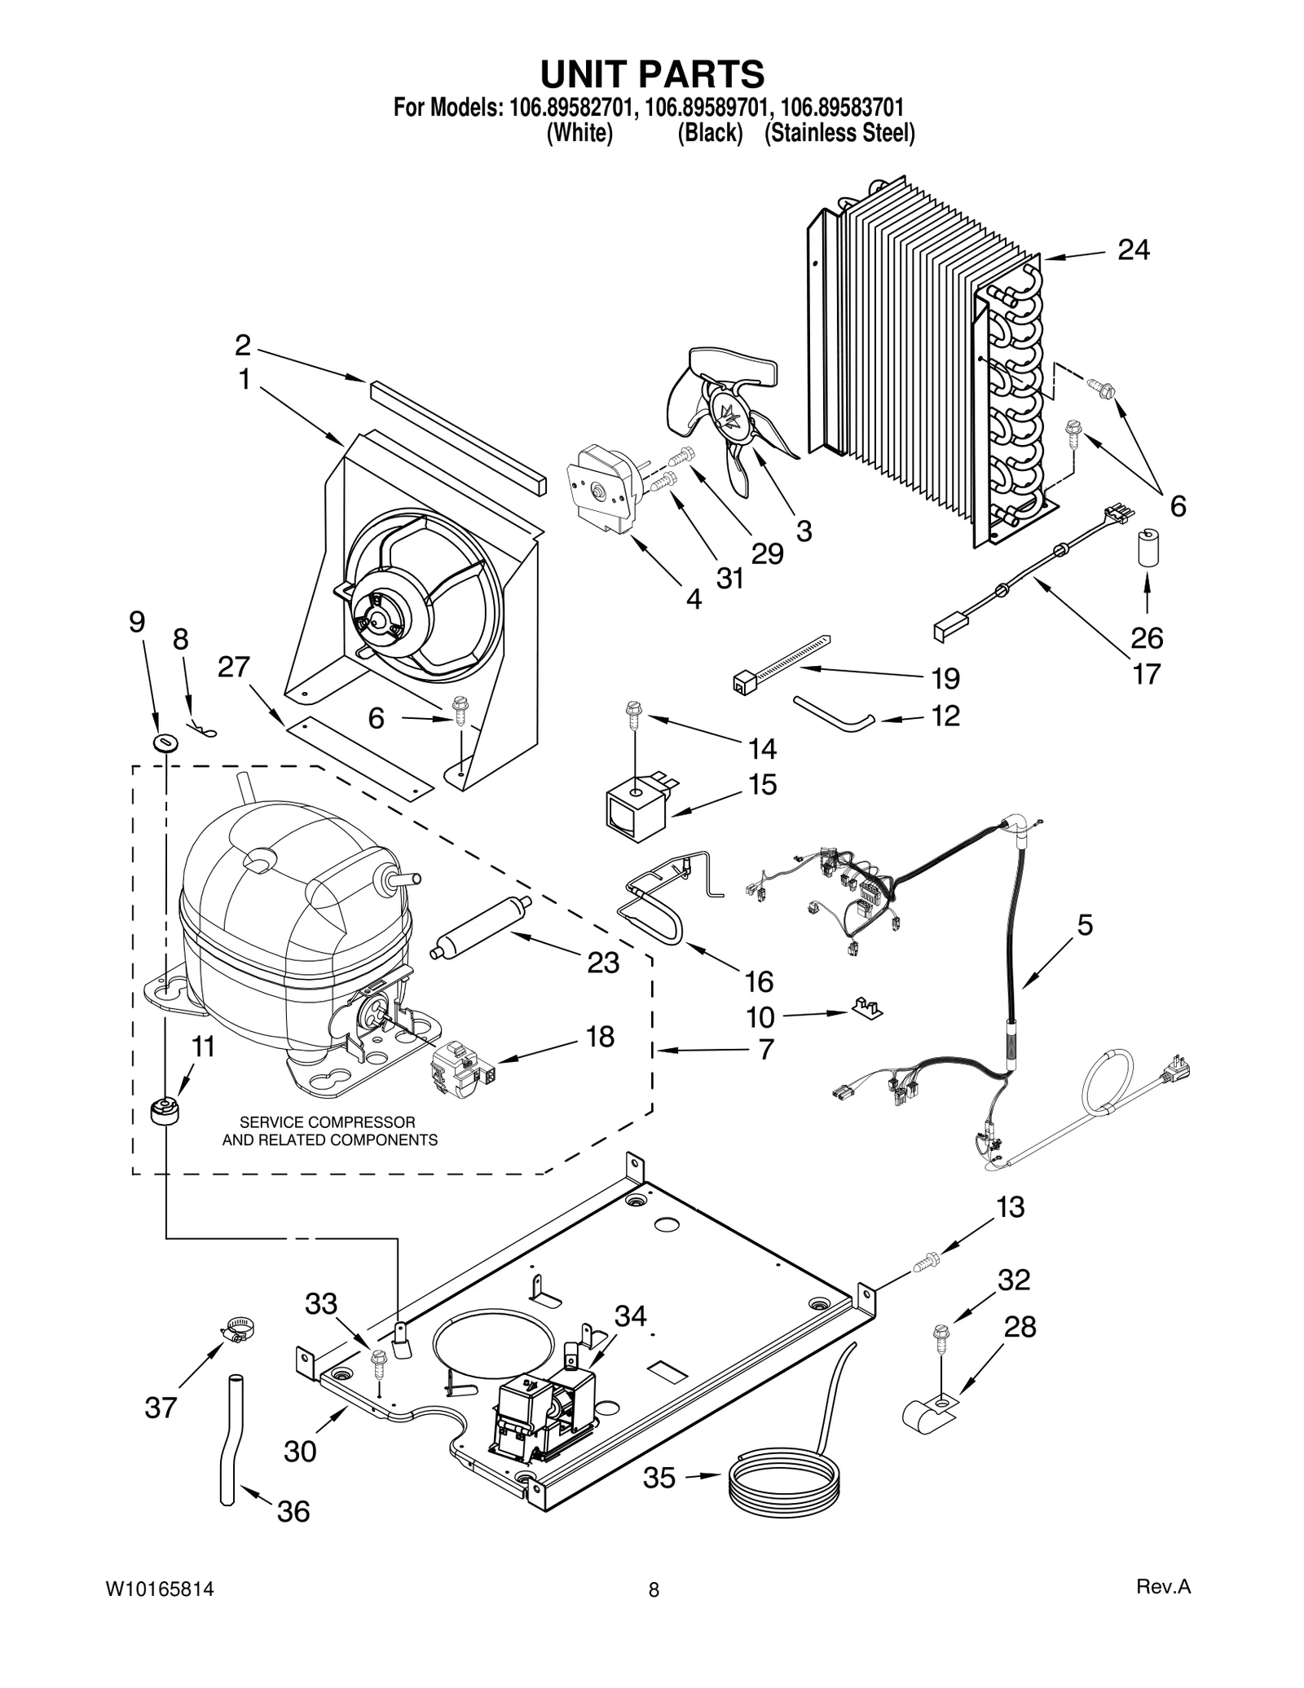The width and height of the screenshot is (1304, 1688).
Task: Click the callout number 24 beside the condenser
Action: click(x=1133, y=250)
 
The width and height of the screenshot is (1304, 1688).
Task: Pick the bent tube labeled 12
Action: click(x=833, y=710)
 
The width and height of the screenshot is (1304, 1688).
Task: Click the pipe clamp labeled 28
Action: click(x=931, y=1413)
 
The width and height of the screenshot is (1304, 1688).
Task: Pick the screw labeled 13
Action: click(x=926, y=1263)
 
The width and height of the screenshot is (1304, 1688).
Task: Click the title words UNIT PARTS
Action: click(x=653, y=74)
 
